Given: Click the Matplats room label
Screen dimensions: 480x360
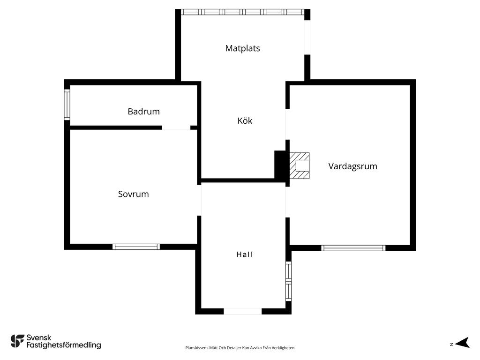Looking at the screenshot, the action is point(242,48).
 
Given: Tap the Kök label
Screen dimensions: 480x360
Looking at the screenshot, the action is point(245,120).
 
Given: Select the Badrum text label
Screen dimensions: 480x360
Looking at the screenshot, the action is point(143,112).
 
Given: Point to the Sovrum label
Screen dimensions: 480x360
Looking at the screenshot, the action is point(134,194).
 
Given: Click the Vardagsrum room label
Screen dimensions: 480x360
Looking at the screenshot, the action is point(352,166).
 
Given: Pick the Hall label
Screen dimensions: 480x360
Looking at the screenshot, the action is point(244,255).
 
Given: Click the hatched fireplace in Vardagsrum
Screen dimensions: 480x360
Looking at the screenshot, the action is point(300,165).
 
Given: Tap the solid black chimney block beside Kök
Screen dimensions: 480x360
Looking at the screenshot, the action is point(280,165).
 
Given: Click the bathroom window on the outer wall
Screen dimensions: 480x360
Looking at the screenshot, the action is point(67,105).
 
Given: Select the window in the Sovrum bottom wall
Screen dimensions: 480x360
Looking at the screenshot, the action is point(136,247).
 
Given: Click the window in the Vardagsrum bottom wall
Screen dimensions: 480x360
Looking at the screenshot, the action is point(353,248).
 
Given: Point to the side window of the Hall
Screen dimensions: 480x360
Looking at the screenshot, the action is point(288,281).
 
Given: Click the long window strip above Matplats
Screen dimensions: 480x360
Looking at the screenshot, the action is point(242,12).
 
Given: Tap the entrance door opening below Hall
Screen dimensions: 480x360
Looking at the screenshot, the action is point(243,311).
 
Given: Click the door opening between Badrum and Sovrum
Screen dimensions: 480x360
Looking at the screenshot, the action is point(176,127).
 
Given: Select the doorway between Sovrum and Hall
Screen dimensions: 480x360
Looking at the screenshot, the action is point(199,200).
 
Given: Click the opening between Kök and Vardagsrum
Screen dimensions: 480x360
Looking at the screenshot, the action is point(287,124).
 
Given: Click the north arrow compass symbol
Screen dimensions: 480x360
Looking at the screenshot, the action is point(462,343).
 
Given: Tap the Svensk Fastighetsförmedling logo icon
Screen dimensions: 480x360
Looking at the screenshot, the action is point(17,341).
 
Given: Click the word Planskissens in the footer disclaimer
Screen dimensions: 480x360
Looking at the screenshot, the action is point(197,348).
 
